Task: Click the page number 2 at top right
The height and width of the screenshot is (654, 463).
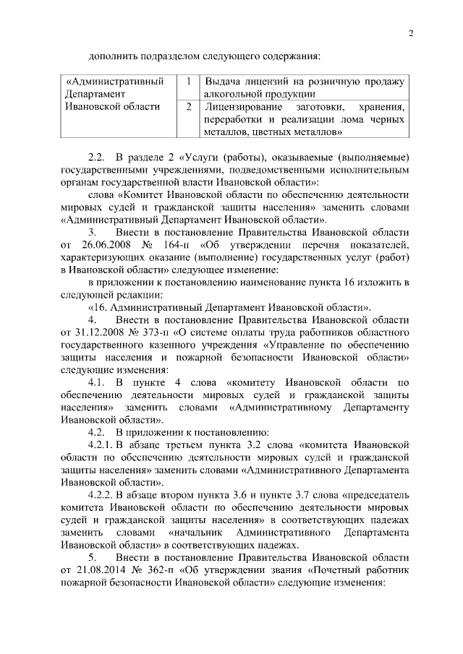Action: [x=409, y=33]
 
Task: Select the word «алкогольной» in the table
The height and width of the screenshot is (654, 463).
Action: [x=234, y=94]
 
